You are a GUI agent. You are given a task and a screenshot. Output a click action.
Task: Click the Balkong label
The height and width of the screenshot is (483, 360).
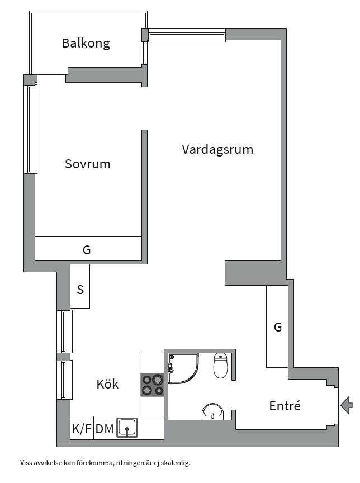coord(86,43)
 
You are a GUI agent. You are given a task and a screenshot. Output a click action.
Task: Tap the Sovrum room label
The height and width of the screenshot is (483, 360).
coord(87,164)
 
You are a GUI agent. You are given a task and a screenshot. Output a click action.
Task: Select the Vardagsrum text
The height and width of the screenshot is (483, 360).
coord(217,149)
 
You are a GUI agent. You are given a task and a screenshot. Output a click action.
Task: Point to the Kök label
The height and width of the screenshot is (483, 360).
coord(107,385)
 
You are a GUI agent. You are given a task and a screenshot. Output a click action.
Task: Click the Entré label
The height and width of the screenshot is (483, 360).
coord(285,406)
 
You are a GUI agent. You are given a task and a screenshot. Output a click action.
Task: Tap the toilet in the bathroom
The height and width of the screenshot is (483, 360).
coord(221,366)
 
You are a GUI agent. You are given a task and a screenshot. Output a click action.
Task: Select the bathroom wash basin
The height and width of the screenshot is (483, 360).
coord(212,412)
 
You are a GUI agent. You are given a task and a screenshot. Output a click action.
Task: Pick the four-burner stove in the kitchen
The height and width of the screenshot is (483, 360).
coord(152,385)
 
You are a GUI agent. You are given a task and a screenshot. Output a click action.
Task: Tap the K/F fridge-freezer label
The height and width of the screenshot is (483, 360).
coord(82,429)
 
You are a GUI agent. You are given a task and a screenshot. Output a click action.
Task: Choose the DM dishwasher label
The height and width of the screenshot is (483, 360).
coord(105,429)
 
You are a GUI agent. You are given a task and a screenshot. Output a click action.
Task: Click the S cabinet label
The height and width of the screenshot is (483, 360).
coord(80,290)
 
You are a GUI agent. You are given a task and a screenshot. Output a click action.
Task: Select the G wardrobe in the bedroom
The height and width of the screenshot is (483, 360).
coord(87,249)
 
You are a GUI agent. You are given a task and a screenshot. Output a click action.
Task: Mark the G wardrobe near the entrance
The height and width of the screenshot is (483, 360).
coord(277,328)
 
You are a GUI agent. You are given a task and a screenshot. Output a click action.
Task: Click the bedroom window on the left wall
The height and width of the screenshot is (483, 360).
coord(31,129)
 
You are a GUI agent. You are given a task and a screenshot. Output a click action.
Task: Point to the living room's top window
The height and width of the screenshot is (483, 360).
coord(187,35)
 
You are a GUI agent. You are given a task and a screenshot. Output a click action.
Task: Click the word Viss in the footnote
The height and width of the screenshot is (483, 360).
coord(26,463)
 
